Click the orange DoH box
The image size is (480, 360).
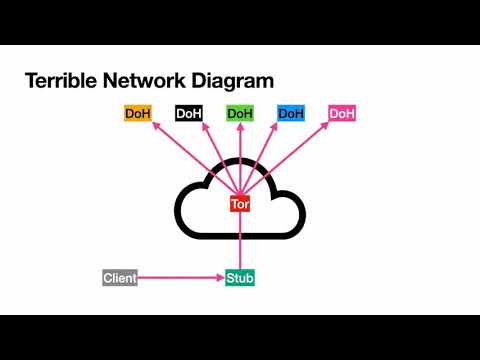click(138, 113)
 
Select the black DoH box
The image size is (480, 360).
click(189, 113)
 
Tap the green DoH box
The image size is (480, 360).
click(240, 113)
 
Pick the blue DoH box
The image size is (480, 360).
click(291, 113)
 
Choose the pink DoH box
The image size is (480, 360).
click(342, 113)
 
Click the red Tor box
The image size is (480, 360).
click(240, 204)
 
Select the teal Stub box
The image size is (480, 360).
click(240, 278)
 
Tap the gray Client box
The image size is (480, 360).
click(120, 278)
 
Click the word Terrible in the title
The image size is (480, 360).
click(61, 81)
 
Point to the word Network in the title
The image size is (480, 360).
click(144, 81)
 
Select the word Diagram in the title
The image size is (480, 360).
click(233, 82)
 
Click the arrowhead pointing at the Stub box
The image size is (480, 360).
click(221, 277)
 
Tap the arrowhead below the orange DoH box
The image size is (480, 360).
click(156, 126)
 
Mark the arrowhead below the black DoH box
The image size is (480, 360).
click(206, 127)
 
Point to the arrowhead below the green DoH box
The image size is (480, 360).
click(240, 127)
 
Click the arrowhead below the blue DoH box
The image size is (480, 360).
click(274, 127)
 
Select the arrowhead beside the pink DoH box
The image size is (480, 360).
click(324, 126)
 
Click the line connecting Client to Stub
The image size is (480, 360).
click(181, 277)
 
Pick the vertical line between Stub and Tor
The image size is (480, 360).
click(240, 241)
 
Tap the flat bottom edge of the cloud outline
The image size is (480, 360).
click(240, 236)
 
